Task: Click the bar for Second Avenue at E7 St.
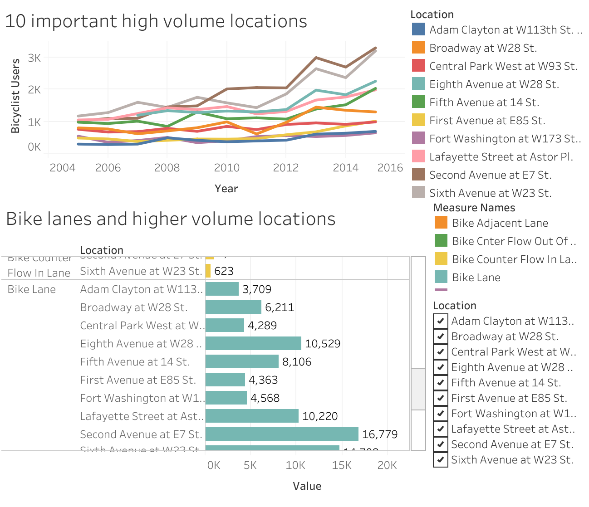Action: point(281,434)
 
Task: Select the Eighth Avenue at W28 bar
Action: point(253,343)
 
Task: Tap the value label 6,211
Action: point(279,307)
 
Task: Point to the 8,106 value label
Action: point(297,362)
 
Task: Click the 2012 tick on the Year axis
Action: point(286,168)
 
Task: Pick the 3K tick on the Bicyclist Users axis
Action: point(34,58)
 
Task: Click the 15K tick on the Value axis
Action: point(341,465)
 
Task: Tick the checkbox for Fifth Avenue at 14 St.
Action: point(440,383)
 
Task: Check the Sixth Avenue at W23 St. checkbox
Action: point(440,460)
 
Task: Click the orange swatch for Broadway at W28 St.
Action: point(418,48)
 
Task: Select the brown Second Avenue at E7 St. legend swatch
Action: point(418,175)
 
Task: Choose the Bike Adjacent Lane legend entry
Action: point(500,223)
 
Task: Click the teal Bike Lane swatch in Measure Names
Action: point(441,277)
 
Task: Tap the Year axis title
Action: point(226,189)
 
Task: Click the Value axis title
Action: point(307,486)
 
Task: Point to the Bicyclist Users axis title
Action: point(15,96)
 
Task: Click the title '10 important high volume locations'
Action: point(156,21)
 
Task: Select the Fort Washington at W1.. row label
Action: point(142,398)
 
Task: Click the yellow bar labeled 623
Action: point(208,271)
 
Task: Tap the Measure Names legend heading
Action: point(474,208)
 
